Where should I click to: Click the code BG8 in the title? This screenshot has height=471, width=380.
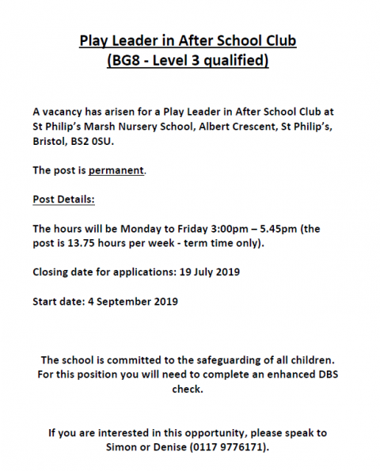[129, 60]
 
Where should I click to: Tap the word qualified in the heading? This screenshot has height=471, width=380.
[233, 60]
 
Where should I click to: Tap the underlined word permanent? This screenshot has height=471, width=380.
[116, 170]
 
